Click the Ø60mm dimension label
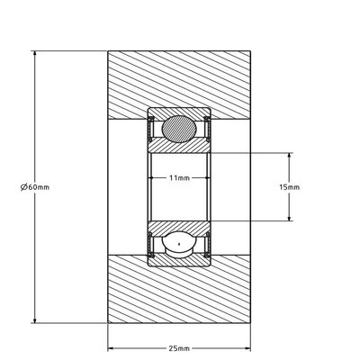click(35, 187)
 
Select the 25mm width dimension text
click(179, 348)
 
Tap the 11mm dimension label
click(179, 178)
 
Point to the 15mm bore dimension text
click(289, 187)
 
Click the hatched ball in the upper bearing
click(179, 129)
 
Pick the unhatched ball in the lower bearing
click(179, 244)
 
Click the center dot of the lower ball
click(179, 244)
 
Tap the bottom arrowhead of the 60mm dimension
click(35, 319)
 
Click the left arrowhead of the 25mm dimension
click(112, 348)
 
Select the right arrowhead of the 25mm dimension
click(247, 348)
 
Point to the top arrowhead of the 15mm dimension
click(289, 157)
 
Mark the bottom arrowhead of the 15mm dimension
click(289, 217)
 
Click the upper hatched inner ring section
click(179, 147)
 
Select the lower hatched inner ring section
click(179, 228)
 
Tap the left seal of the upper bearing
click(151, 129)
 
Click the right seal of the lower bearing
click(207, 245)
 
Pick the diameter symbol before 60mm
click(24, 187)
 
